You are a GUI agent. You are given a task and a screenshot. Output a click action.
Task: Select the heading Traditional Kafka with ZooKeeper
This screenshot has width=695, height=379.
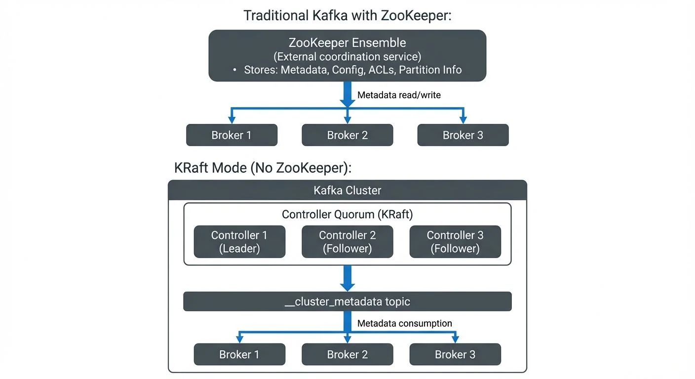tap(347, 15)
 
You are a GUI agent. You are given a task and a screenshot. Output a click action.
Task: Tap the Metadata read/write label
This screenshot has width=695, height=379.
tap(399, 95)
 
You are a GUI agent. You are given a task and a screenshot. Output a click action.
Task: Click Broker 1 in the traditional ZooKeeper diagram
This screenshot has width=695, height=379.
tap(232, 135)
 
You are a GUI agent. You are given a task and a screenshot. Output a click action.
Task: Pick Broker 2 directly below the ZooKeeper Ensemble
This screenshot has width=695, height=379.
tap(347, 135)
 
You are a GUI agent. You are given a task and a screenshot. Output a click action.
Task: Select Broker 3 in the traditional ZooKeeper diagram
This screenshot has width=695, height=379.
tap(463, 135)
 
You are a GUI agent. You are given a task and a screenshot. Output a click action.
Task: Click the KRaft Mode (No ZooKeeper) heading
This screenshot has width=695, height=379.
tap(263, 167)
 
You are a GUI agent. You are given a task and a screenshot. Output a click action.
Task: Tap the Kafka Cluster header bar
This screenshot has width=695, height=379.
tap(347, 190)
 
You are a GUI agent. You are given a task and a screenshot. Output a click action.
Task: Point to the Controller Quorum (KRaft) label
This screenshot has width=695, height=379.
tap(347, 214)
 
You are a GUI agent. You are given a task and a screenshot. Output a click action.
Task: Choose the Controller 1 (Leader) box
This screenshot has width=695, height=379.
tap(239, 242)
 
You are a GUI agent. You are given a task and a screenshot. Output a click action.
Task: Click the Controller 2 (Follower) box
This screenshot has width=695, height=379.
tap(347, 242)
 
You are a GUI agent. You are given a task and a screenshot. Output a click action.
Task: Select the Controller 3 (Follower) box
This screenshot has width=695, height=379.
tap(455, 242)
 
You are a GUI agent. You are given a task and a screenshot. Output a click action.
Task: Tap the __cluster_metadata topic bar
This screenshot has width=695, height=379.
tap(347, 302)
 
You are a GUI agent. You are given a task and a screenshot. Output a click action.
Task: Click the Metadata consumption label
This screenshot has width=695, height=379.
tap(404, 323)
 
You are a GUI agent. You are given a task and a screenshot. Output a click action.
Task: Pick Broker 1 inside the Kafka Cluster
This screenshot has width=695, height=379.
tap(239, 354)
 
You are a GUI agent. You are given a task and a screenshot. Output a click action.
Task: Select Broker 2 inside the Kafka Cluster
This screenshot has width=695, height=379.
tap(347, 354)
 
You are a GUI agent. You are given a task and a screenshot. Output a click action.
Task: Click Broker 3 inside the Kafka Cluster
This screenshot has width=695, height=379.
tap(455, 354)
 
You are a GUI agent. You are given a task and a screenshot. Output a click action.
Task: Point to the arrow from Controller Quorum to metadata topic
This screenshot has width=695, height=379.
tap(347, 278)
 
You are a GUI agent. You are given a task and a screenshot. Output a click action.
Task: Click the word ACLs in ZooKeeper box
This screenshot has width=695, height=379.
tap(382, 70)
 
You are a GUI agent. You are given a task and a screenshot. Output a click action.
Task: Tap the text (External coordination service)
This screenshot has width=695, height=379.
tap(347, 56)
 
